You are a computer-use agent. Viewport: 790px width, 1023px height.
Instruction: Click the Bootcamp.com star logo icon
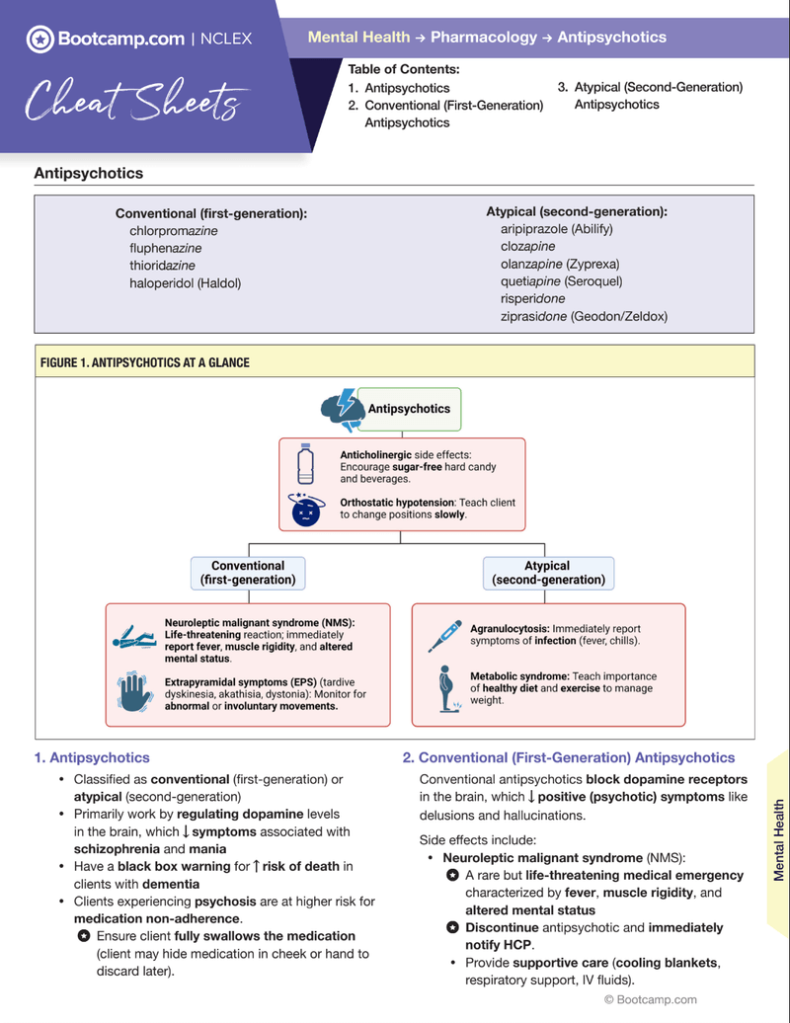pos(39,39)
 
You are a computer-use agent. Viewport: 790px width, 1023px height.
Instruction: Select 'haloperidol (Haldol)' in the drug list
pos(185,283)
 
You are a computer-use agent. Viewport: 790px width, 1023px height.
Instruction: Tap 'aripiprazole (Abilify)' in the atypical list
pos(556,229)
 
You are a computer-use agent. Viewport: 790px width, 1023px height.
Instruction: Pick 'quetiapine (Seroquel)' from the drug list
pos(560,281)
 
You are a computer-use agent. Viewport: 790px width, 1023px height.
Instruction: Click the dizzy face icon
pos(306,510)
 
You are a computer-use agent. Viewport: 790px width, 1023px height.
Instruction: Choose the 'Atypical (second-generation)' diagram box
pos(547,573)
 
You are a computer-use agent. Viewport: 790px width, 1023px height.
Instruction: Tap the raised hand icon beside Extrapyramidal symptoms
pos(132,693)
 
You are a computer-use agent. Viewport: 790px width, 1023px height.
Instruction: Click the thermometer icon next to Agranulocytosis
pos(445,635)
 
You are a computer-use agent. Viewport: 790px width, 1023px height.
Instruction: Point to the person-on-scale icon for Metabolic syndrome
pos(446,687)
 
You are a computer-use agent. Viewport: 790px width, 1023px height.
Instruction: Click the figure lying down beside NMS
pos(134,638)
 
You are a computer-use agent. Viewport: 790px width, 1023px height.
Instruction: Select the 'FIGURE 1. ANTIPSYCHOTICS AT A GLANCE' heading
pos(145,363)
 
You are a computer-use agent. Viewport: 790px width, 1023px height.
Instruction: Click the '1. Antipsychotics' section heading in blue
pos(92,757)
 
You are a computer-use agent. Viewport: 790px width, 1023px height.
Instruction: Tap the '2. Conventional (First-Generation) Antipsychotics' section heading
pos(568,757)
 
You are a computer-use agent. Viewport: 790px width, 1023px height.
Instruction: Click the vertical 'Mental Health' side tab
pos(778,839)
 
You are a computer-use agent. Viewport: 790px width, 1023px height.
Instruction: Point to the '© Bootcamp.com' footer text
pos(650,999)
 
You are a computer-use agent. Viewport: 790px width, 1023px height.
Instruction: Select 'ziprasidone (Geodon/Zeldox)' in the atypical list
pos(584,317)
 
